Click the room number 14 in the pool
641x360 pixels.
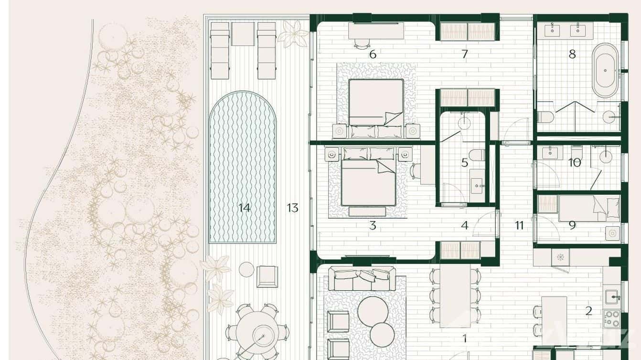coord(244,208)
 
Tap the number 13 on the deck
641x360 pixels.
coord(292,208)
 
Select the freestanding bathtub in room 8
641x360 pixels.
coord(605,70)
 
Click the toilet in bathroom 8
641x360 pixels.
coord(545,116)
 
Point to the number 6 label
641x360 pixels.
coord(373,54)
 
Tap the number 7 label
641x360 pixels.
coord(464,54)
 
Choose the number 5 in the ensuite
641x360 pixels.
coord(464,163)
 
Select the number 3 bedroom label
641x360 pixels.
coord(373,225)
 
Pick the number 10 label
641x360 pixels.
coord(574,163)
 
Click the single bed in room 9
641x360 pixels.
coord(589,208)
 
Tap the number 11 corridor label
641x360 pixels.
coord(519,225)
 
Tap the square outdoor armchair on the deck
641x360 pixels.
coord(267,276)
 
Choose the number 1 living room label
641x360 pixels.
coord(464,339)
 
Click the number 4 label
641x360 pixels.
coord(464,225)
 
